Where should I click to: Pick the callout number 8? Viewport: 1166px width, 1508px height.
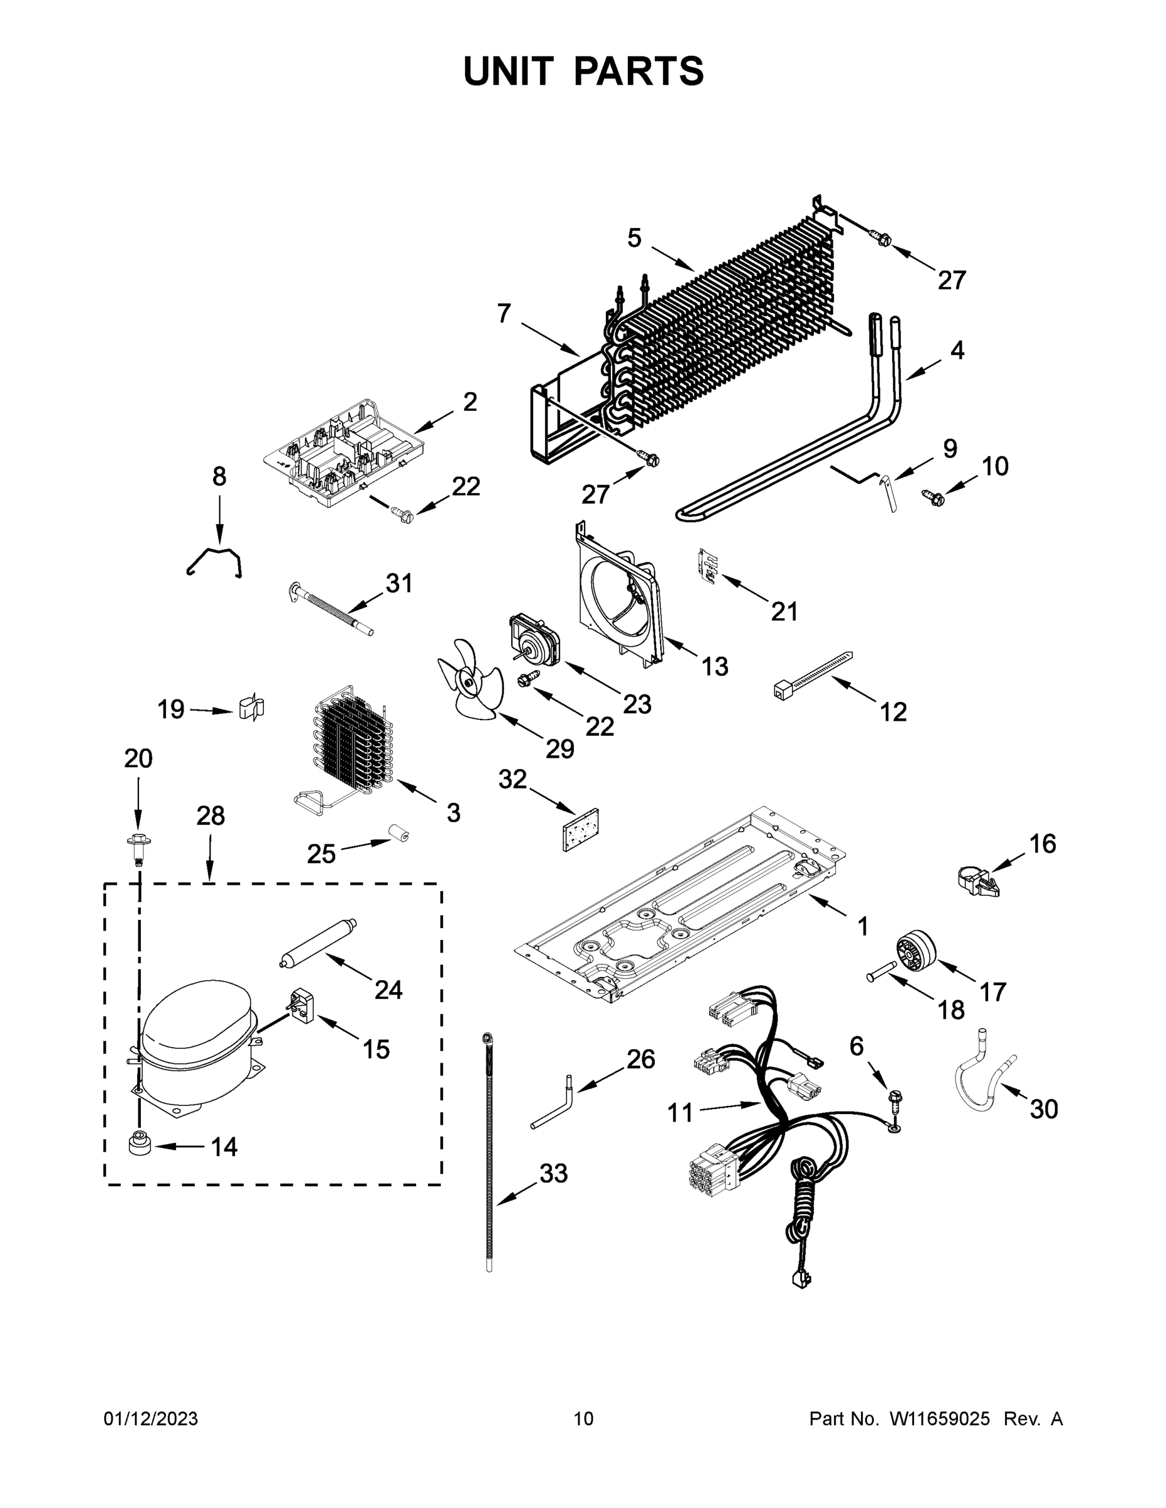(x=219, y=476)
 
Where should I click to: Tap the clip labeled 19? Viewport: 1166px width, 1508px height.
(x=251, y=708)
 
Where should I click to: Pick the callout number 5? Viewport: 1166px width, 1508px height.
(x=634, y=238)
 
